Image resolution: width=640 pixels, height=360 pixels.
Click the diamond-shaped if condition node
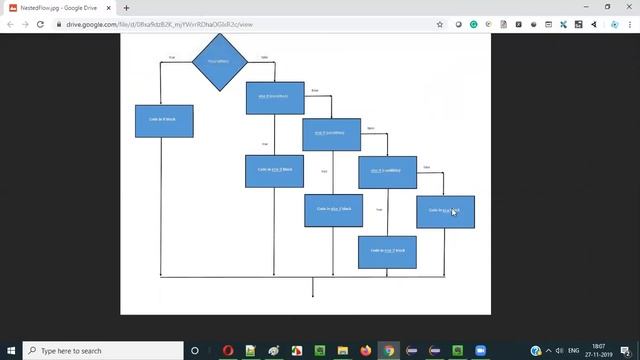(x=219, y=62)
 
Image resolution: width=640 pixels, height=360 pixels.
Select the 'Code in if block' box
(x=164, y=120)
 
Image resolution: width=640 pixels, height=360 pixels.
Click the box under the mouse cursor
(x=445, y=211)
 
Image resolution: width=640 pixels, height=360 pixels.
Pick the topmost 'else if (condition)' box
(x=275, y=97)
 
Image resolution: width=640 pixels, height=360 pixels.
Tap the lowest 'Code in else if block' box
(x=387, y=251)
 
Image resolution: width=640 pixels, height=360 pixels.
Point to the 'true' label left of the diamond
(x=172, y=58)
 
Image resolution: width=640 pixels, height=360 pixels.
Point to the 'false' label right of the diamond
(x=264, y=58)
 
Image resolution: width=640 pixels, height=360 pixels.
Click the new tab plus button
(x=126, y=8)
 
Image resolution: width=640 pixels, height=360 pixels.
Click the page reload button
(x=40, y=24)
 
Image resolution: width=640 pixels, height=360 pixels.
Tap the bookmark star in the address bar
(x=440, y=24)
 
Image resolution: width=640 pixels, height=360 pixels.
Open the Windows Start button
(x=10, y=351)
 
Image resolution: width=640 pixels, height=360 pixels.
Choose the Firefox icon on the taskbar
(x=366, y=351)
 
